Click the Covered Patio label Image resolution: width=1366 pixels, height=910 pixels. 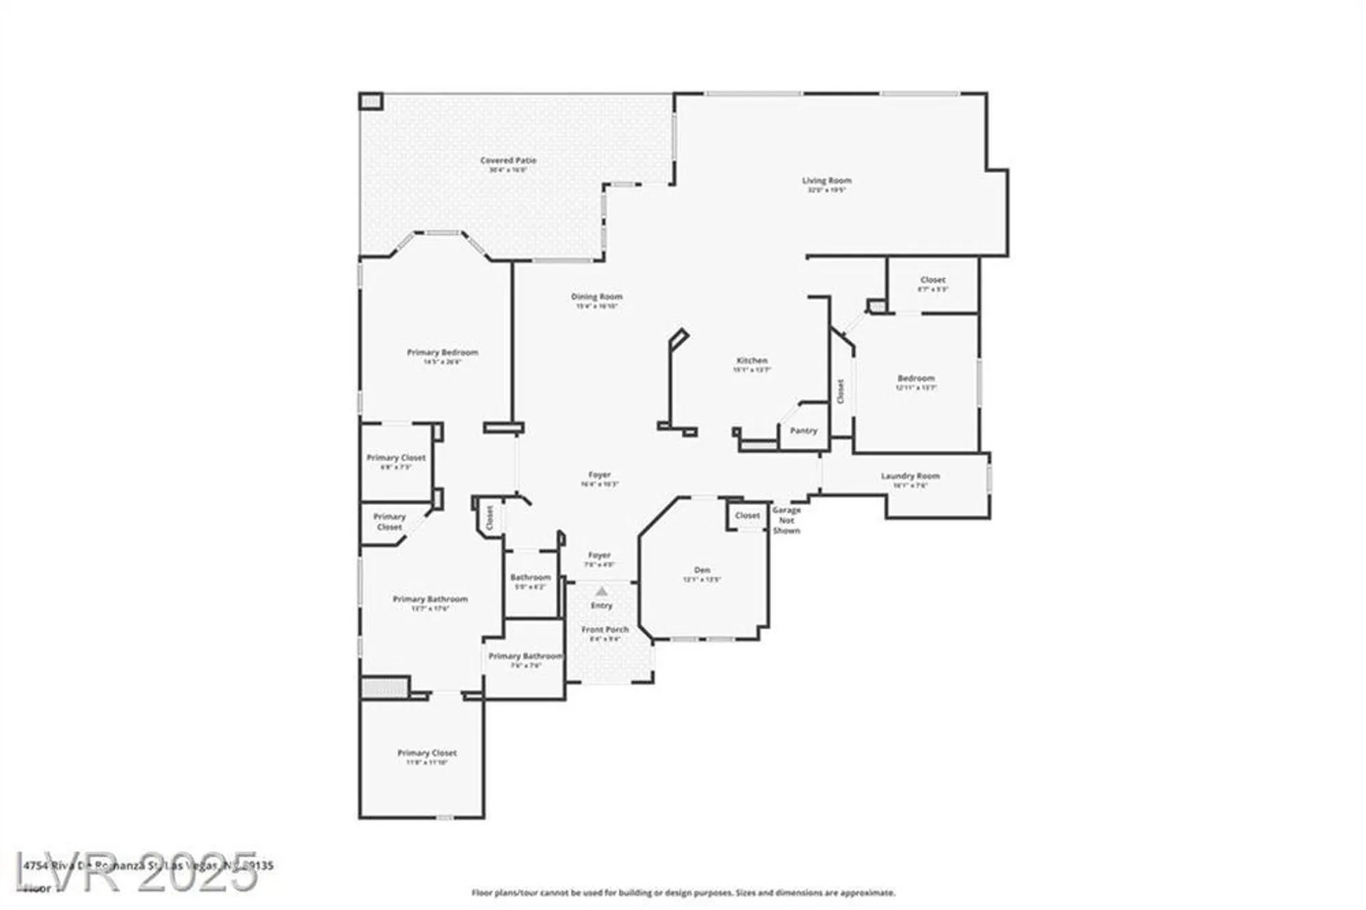click(508, 161)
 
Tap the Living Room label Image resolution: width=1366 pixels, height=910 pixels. click(826, 181)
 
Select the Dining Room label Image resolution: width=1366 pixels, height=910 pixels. click(597, 297)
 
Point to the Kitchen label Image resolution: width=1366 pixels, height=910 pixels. click(751, 361)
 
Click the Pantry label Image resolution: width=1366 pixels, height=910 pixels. click(803, 431)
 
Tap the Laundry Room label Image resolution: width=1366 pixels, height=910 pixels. click(910, 476)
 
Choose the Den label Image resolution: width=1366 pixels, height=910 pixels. click(702, 570)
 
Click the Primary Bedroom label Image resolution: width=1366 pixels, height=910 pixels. click(443, 353)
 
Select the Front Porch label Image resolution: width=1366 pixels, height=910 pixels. click(604, 630)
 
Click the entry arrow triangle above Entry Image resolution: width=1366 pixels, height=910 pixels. click(601, 592)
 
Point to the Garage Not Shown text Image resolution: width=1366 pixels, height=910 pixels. click(786, 520)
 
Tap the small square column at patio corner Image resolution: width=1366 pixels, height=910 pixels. click(371, 102)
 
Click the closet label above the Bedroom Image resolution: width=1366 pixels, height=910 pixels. click(932, 280)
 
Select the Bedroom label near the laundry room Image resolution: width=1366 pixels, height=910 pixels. click(916, 378)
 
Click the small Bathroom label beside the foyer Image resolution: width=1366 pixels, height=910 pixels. click(530, 578)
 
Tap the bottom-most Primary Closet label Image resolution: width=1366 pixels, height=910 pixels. click(427, 753)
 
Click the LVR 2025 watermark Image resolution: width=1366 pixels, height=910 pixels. click(137, 872)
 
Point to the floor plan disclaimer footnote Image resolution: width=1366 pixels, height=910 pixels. click(683, 893)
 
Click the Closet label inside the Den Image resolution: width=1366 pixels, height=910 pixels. click(747, 516)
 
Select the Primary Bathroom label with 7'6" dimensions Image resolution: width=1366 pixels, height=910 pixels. click(525, 657)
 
